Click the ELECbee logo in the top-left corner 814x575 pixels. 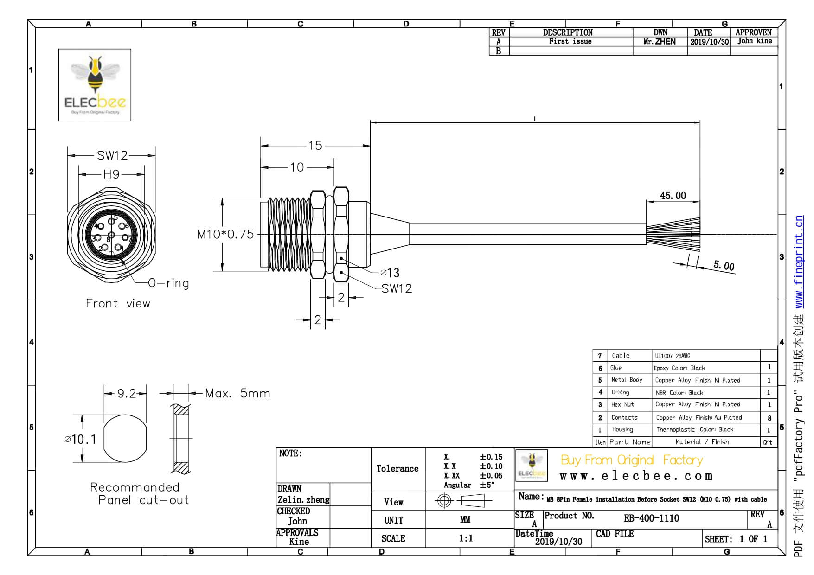coord(95,85)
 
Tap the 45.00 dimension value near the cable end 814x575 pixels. coord(673,196)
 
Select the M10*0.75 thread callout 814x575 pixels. coord(225,235)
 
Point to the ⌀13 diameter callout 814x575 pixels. coord(390,273)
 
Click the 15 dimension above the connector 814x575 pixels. coord(315,146)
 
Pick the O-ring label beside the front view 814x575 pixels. coord(168,283)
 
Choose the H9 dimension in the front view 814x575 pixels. coord(111,174)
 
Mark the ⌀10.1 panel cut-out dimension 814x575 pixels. coord(81,439)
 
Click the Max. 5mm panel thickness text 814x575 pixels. coord(237,394)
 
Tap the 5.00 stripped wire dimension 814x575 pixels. coord(724,266)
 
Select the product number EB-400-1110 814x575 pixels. coord(651,518)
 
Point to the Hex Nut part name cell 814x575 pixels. coord(622,404)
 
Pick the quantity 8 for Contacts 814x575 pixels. coord(769,418)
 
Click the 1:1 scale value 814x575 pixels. coord(466,538)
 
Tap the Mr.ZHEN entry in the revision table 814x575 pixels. coord(660,42)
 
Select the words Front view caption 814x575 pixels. coord(118,304)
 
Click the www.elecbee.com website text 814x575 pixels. coord(636,476)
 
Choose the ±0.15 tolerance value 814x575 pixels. coord(491,457)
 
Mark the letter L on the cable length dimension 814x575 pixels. coord(535,120)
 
